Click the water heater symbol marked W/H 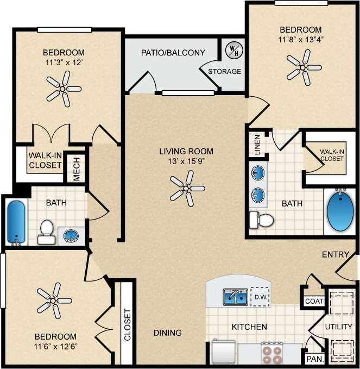pos(232,50)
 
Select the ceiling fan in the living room pos(186,187)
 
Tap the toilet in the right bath pos(261,220)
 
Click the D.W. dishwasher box pos(259,297)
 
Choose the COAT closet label pos(313,301)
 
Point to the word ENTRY pos(335,254)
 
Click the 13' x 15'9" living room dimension pos(186,161)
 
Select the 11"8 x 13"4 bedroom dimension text pos(300,39)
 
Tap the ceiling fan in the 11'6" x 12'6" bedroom pos(53,299)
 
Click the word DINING pos(167,333)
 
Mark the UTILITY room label pos(339,327)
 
